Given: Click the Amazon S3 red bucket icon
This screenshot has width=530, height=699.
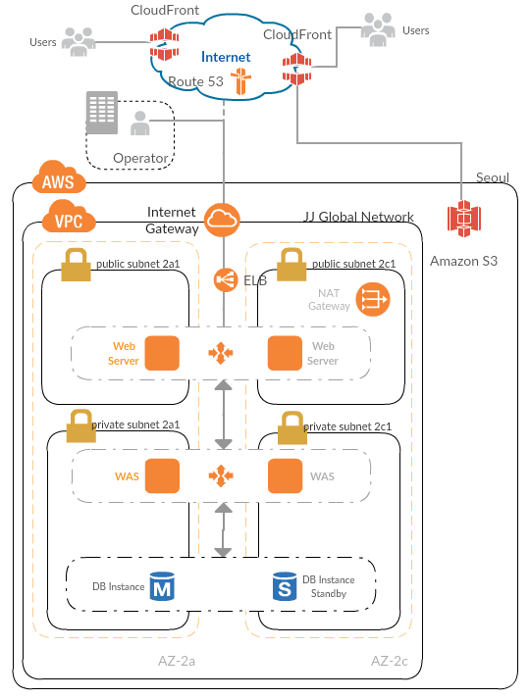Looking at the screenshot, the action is click(464, 219).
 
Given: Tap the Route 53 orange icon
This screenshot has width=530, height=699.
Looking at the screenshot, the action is click(240, 81).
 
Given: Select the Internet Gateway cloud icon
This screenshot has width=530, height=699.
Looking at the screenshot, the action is click(222, 220).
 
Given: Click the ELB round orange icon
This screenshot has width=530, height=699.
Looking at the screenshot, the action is click(226, 280).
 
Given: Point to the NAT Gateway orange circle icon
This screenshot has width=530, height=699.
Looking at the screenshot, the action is click(373, 300).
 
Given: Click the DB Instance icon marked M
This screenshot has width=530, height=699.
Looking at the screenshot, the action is click(162, 586).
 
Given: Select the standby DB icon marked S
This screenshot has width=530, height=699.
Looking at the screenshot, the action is click(285, 586).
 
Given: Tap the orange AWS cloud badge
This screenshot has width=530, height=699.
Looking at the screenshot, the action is click(59, 177).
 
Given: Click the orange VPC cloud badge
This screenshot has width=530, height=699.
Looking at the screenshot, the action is click(69, 217).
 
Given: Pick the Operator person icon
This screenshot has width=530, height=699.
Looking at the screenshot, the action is click(140, 124).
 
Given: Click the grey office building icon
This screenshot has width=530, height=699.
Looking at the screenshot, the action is click(102, 113).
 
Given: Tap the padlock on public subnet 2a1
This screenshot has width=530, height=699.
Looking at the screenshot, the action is click(76, 265).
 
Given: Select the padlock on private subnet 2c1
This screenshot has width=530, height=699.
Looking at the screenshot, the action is click(292, 428).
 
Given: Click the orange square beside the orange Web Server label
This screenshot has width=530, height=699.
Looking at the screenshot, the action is click(162, 353).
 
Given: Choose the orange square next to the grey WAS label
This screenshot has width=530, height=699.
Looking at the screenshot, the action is click(285, 476).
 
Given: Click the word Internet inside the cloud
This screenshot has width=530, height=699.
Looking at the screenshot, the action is click(226, 57).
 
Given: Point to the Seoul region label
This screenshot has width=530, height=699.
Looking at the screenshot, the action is click(493, 177).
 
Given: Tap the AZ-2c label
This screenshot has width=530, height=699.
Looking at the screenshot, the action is click(390, 661).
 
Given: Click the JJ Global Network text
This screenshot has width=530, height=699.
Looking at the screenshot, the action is click(359, 217).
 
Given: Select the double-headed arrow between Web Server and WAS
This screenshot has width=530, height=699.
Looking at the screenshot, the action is click(224, 415).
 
